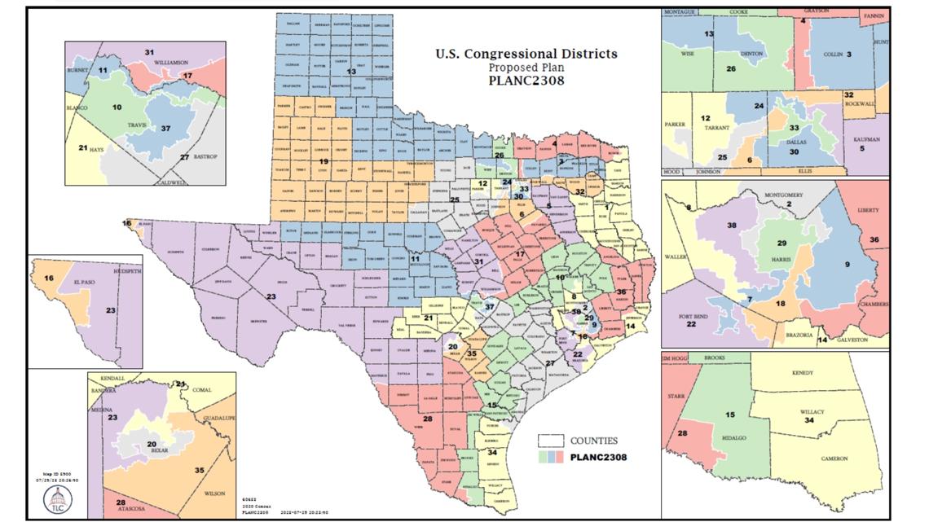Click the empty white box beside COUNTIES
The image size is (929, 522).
coord(553,440)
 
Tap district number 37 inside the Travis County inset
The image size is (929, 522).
coord(165,129)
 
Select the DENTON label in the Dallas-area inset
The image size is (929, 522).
coord(744,54)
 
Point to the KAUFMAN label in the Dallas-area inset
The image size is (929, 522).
coord(865,140)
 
